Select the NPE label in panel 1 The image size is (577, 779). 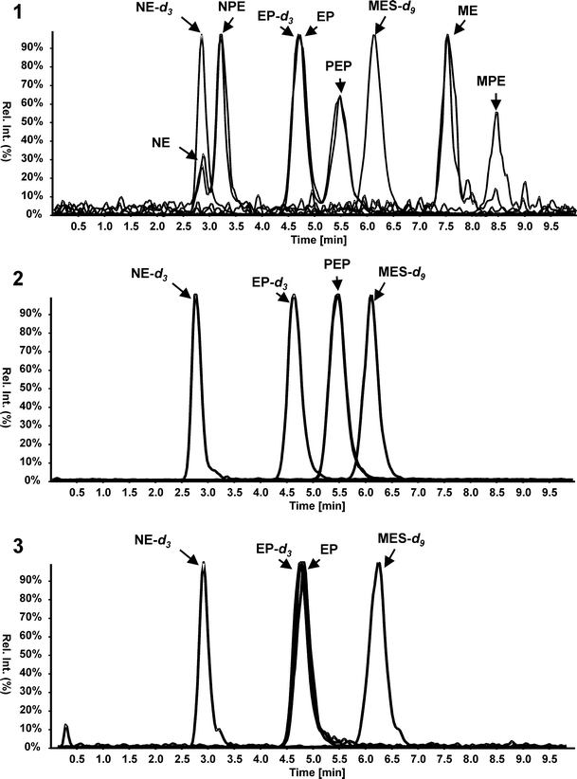tap(231, 8)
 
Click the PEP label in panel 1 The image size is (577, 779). tap(339, 66)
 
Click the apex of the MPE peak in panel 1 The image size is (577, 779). tap(496, 113)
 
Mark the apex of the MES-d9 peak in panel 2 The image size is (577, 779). tap(371, 297)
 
